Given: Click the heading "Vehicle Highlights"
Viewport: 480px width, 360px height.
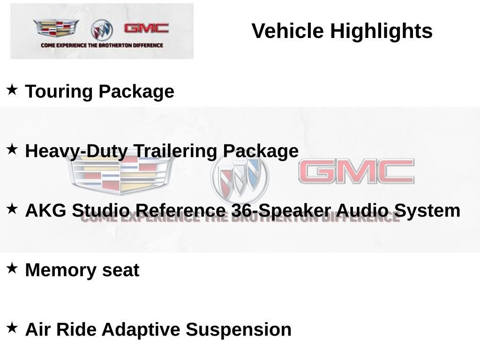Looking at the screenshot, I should click(x=342, y=31).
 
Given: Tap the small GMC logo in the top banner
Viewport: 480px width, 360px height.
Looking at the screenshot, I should click(x=146, y=29).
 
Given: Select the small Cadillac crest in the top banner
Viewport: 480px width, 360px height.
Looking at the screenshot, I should click(x=56, y=29).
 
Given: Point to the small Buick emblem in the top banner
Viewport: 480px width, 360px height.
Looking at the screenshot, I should click(x=102, y=30).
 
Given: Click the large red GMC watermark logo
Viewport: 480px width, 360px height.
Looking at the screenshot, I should click(x=356, y=172).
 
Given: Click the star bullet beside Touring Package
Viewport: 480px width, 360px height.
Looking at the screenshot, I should click(x=12, y=89).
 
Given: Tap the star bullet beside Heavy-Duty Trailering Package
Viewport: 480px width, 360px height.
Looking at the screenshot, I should click(x=12, y=149).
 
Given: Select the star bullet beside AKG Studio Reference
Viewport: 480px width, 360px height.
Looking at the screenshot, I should click(x=12, y=209).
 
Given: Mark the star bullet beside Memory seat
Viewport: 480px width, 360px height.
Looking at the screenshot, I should click(x=12, y=268).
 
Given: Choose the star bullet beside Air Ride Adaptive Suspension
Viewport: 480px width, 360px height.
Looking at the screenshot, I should click(x=12, y=327).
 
